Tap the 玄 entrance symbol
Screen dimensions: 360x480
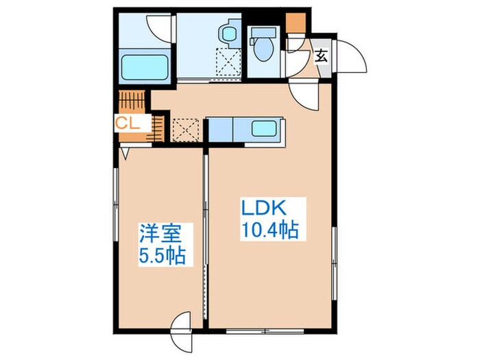point(321,56)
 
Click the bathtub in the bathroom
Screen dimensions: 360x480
point(145,68)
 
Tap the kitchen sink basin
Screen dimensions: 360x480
point(264,128)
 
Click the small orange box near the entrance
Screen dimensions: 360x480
point(295,22)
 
